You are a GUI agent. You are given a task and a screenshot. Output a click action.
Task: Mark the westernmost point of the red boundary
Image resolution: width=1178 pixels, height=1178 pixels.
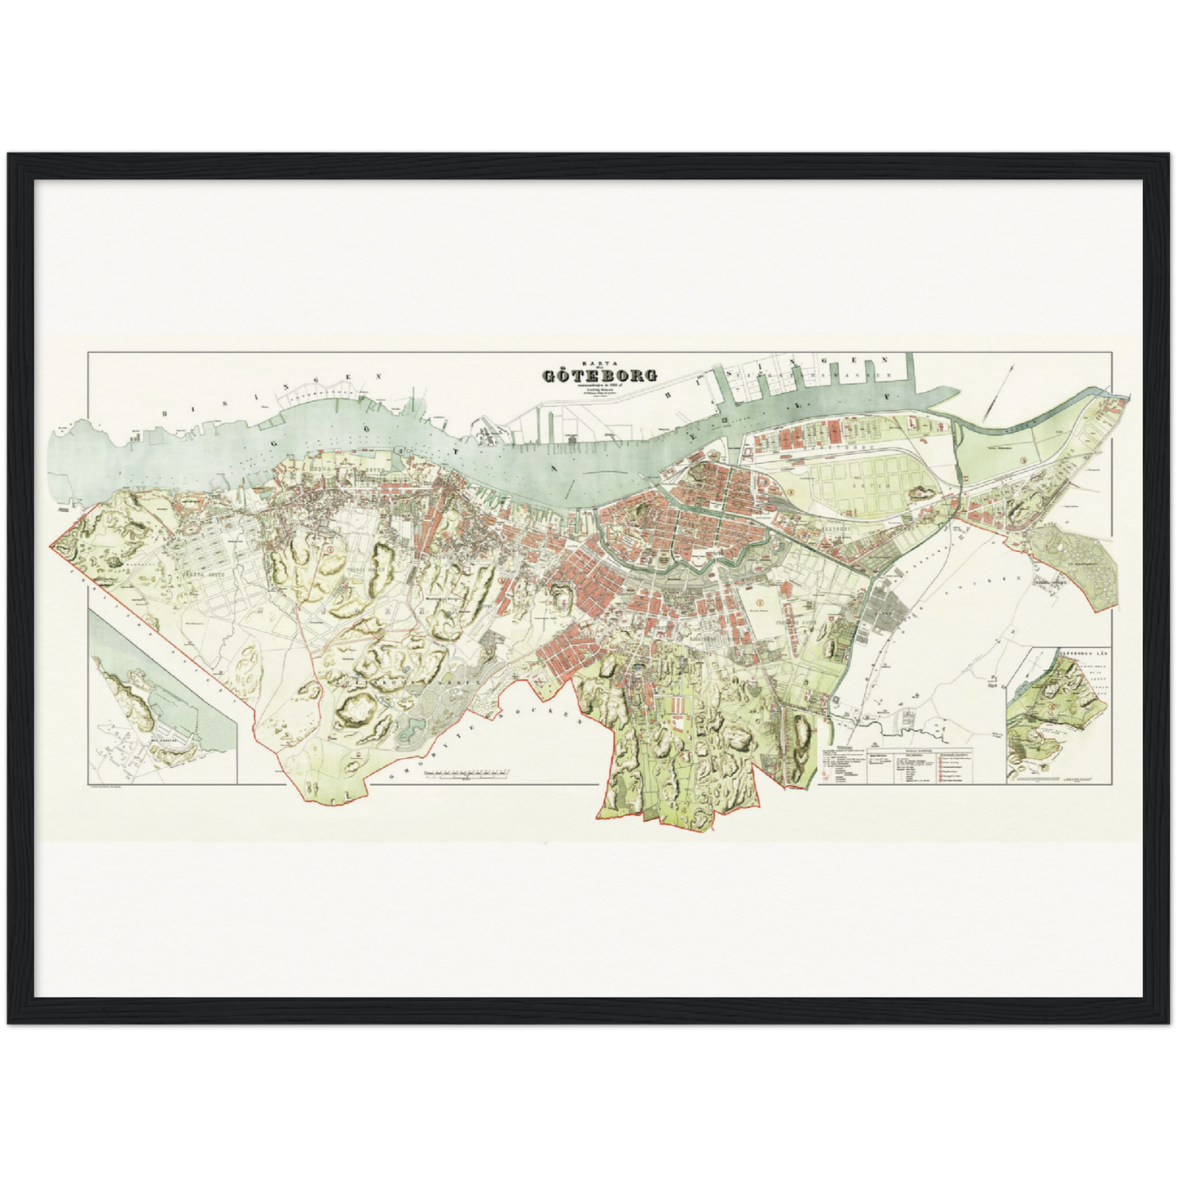pyautogui.click(x=51, y=544)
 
